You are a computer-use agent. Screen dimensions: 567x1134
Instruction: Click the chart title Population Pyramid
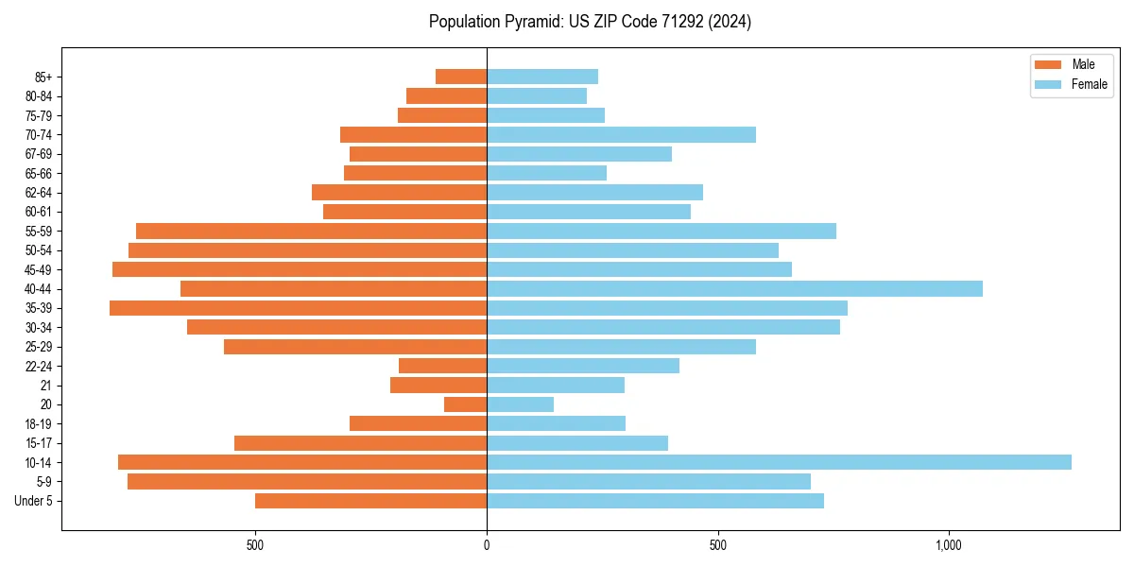click(590, 22)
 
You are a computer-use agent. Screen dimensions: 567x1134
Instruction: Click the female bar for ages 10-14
click(779, 462)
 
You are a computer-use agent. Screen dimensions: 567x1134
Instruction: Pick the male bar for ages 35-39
click(298, 308)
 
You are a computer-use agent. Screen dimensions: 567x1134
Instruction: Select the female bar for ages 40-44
click(734, 289)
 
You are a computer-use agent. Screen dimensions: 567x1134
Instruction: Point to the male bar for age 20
click(465, 404)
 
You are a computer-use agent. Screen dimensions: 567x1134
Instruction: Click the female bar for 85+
click(542, 77)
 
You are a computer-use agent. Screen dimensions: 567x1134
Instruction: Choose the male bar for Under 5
click(370, 501)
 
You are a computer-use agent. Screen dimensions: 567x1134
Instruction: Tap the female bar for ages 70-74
click(621, 135)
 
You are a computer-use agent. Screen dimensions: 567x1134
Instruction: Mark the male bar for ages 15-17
click(360, 443)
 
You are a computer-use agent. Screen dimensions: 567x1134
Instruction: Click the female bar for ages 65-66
click(546, 173)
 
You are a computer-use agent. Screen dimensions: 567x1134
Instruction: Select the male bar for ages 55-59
click(311, 232)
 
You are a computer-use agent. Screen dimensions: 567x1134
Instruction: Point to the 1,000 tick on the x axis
click(949, 545)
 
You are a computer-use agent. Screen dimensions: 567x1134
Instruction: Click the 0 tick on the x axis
click(487, 545)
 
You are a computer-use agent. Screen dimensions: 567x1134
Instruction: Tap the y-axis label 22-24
click(39, 367)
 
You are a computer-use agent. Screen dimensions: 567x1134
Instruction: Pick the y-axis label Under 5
click(34, 501)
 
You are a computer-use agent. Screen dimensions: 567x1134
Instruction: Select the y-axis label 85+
click(43, 77)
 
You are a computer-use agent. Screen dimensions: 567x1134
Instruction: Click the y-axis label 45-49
click(39, 270)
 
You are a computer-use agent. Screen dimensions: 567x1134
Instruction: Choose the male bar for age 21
click(438, 386)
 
